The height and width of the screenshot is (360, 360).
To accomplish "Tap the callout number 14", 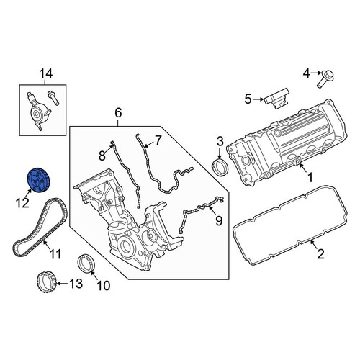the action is [45, 74].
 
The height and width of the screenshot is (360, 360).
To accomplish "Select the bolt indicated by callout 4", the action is [323, 78].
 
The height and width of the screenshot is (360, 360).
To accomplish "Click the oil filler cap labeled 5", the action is [277, 99].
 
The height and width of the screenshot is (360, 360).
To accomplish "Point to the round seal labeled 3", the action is [220, 167].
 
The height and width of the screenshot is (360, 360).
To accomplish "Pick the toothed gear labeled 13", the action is [46, 283].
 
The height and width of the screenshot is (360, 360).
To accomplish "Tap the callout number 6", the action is [118, 113].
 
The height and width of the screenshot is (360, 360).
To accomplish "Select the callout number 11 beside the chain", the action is [55, 254].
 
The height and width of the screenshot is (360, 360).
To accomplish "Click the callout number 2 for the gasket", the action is [320, 253].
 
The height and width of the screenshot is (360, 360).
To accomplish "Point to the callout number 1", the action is [310, 178].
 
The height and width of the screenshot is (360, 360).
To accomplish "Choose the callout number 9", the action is [219, 220].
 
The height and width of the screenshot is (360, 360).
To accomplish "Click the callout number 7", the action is [158, 140].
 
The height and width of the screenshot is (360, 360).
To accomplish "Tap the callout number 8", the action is [102, 156].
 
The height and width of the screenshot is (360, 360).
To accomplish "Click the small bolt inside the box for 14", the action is [53, 97].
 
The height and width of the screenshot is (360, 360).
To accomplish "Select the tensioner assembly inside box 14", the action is [38, 111].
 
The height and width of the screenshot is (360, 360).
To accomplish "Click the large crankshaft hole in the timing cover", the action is [125, 245].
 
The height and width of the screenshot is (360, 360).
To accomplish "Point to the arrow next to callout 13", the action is [62, 284].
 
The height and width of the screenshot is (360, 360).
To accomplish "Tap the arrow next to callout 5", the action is [258, 99].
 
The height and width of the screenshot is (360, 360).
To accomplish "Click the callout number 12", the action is [22, 203].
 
